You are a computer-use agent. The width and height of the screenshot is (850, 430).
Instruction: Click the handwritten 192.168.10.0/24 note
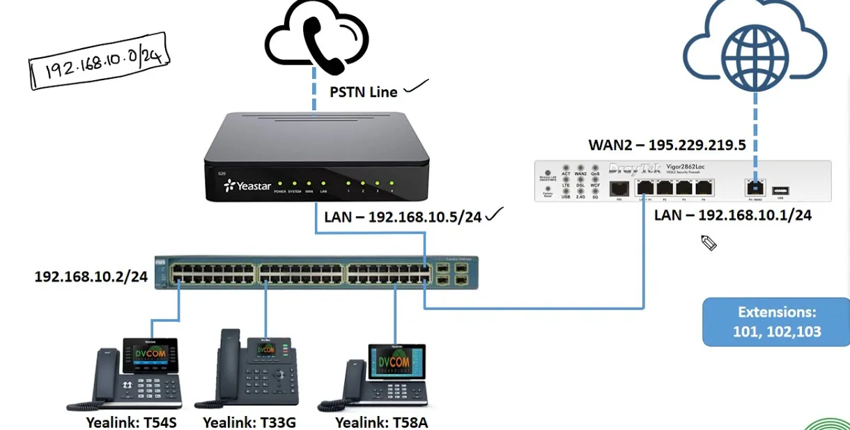pyautogui.click(x=99, y=61)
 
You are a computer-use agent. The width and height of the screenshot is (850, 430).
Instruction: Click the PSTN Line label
pyautogui.click(x=363, y=91)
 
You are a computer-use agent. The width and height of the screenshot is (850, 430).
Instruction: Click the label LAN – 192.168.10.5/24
pyautogui.click(x=403, y=217)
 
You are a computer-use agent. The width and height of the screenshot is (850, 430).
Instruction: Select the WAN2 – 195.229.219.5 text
pyautogui.click(x=667, y=146)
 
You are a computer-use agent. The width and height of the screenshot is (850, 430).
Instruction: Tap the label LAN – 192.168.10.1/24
pyautogui.click(x=732, y=215)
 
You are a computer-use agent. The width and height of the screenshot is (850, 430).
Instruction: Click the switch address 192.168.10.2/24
pyautogui.click(x=91, y=277)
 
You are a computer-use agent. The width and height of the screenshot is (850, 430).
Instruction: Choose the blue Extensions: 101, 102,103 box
pyautogui.click(x=776, y=322)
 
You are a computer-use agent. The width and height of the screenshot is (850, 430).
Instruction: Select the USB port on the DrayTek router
pyautogui.click(x=780, y=189)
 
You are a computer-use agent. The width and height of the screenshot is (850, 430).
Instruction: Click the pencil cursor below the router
pyautogui.click(x=709, y=243)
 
